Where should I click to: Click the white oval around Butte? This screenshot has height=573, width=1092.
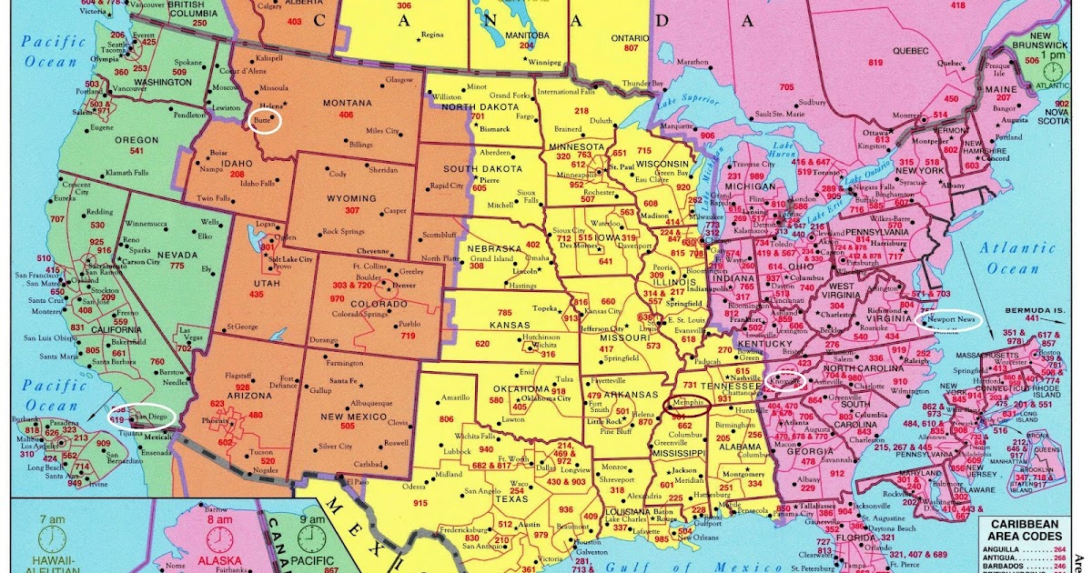pos(265,121)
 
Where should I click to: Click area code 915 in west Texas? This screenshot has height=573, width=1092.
pos(420,503)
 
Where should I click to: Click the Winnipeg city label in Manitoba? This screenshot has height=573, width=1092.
pos(545,63)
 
